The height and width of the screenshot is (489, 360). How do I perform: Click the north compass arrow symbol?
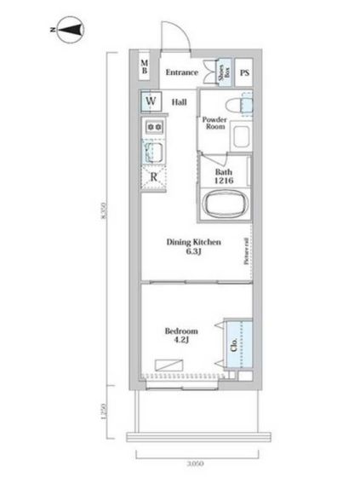[x=70, y=32]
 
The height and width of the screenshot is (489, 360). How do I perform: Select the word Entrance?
[x=182, y=72]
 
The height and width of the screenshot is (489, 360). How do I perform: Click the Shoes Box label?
[x=222, y=72]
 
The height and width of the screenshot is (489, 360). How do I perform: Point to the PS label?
[x=245, y=72]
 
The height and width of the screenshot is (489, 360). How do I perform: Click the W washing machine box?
[x=151, y=101]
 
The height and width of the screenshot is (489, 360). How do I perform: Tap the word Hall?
[x=180, y=102]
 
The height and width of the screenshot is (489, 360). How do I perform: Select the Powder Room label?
[x=214, y=125]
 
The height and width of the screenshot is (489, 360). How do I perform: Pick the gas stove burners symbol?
[x=155, y=127]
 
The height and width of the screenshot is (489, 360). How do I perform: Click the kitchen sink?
[x=155, y=152]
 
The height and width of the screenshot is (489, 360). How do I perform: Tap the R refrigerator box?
[x=154, y=177]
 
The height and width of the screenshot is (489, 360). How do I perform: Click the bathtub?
[x=225, y=205]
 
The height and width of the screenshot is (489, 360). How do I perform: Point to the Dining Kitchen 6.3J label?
[x=193, y=246]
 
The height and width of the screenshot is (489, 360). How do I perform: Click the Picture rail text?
[x=247, y=250]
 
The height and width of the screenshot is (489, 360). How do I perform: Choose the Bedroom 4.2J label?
[x=180, y=335]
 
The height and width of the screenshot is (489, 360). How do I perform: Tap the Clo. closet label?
[x=233, y=346]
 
